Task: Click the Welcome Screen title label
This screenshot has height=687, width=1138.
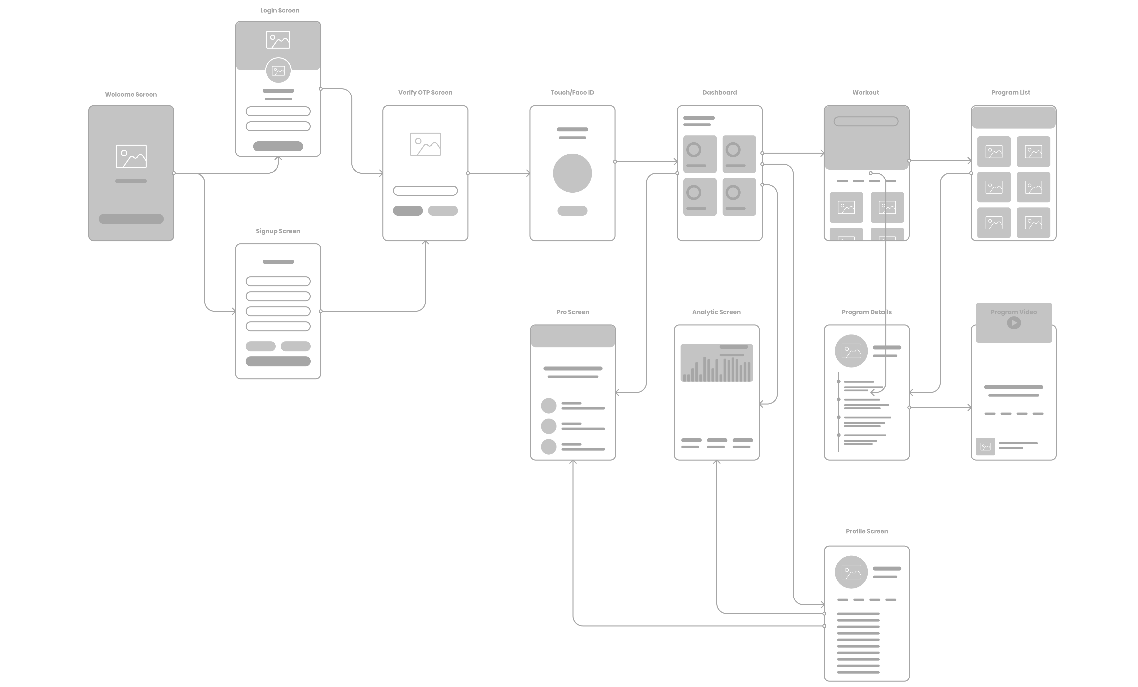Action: pos(131,94)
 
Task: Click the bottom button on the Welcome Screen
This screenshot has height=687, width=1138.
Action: pos(131,219)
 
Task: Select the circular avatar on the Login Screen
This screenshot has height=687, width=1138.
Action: pos(278,71)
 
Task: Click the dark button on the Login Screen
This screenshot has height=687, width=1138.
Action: pos(278,146)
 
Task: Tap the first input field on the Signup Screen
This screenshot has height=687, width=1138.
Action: pos(278,281)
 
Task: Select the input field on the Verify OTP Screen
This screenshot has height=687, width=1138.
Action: pos(425,190)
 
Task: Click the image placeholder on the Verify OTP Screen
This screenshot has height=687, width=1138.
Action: pos(425,144)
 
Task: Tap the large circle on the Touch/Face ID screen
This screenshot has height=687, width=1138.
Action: pos(572,173)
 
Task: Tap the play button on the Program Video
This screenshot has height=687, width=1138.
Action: pos(1014,322)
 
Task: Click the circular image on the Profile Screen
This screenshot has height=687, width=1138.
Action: pos(851,572)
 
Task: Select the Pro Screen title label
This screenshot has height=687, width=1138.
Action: pos(573,312)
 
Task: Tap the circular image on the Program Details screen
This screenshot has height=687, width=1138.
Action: pos(851,351)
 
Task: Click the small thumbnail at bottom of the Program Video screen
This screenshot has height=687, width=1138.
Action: pos(986,447)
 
